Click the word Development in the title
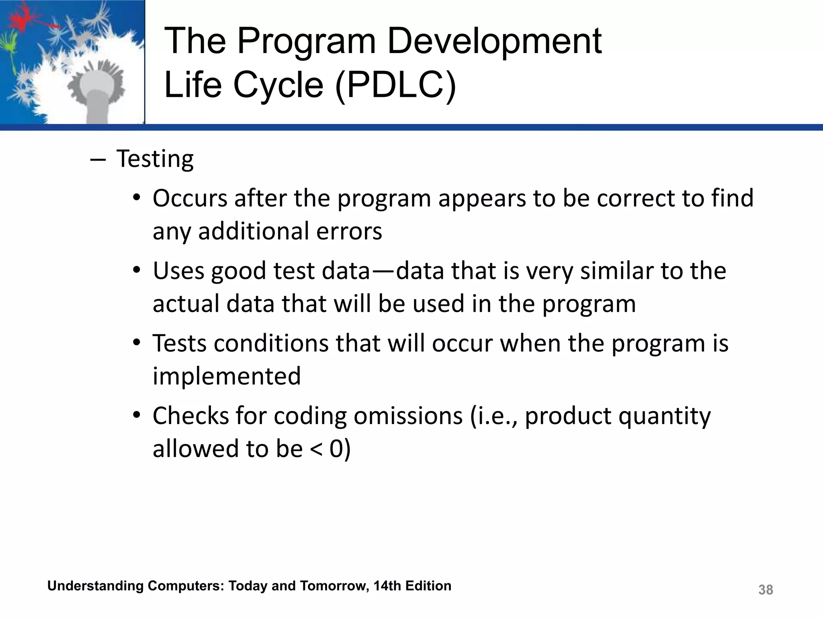point(494,41)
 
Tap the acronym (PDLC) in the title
point(395,85)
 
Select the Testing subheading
point(155,159)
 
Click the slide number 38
point(766,590)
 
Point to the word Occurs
point(190,198)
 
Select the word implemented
point(227,376)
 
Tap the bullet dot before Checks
point(137,414)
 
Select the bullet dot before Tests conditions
point(137,342)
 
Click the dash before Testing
point(98,160)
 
